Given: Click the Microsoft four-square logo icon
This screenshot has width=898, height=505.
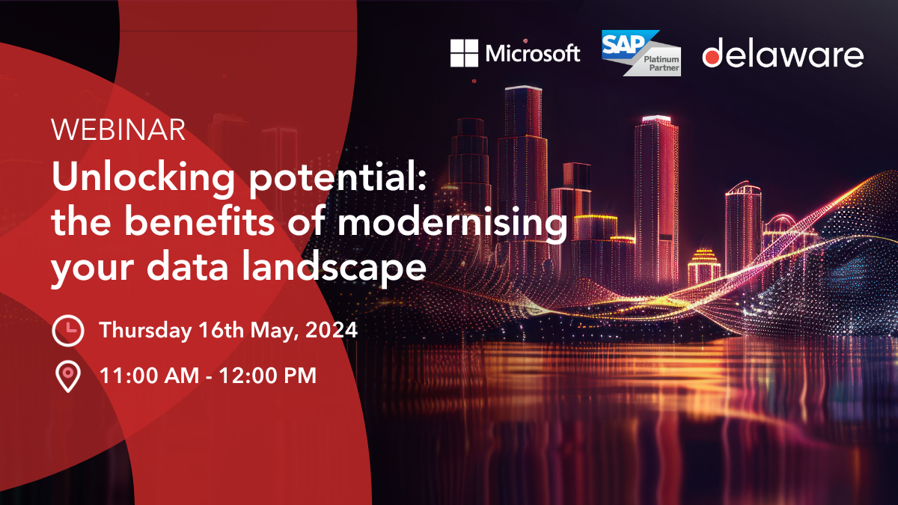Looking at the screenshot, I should tap(464, 53).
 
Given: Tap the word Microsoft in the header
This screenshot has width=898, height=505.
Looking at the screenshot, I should tap(532, 54).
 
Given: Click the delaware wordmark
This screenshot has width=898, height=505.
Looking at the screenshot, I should tap(783, 55).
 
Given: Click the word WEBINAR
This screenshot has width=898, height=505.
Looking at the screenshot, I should tap(118, 131).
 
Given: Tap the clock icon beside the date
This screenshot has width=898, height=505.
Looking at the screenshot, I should tap(68, 330).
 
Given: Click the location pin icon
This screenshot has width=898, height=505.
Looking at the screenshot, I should tap(68, 376).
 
